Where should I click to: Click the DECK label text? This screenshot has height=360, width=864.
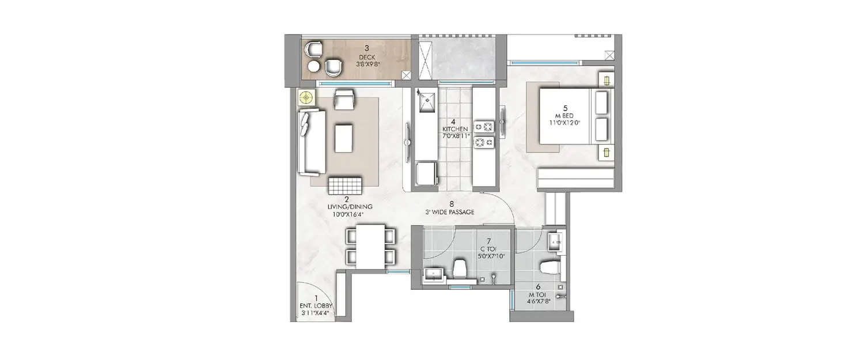(367, 58)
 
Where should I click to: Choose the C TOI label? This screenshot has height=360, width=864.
(488, 249)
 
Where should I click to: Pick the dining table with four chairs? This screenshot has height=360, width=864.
(370, 246)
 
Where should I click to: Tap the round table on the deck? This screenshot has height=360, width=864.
(313, 67)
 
